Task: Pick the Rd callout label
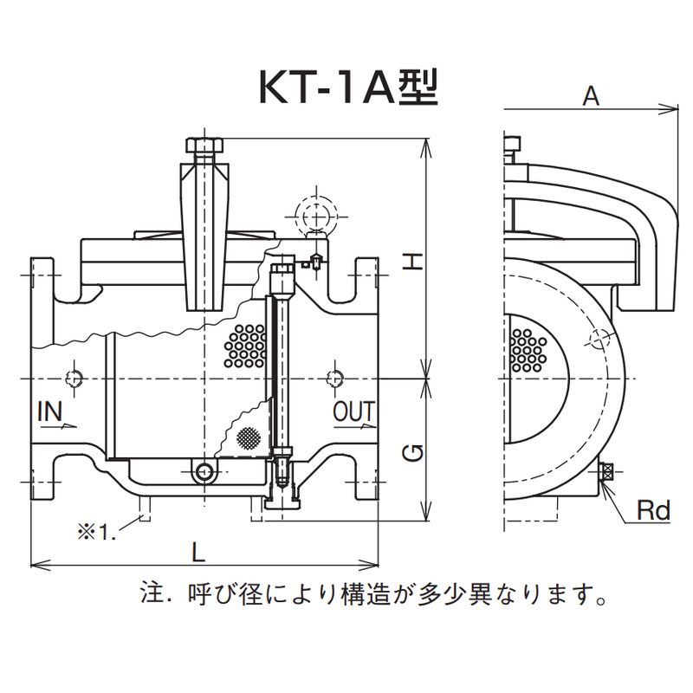[x=653, y=512]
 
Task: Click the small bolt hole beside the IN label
[x=74, y=379]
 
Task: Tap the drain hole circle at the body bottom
[x=205, y=472]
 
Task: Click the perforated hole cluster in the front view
[x=245, y=345]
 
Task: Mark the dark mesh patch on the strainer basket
[x=248, y=437]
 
